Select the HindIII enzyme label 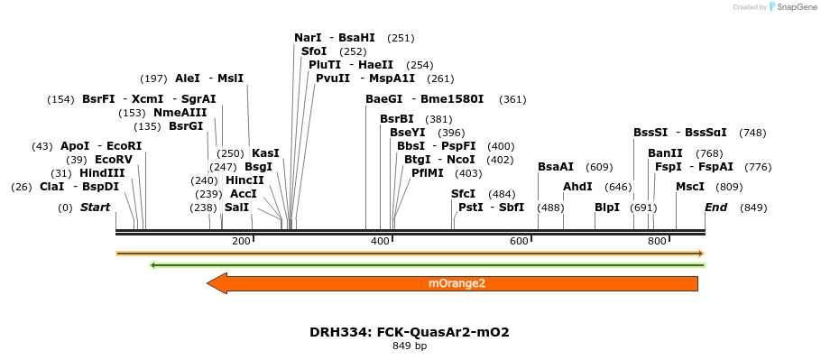pyautogui.click(x=102, y=173)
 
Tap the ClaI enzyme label pyautogui.click(x=52, y=187)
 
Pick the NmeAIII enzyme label pyautogui.click(x=180, y=113)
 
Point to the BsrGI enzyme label pyautogui.click(x=187, y=126)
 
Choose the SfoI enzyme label pyautogui.click(x=314, y=51)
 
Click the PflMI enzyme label pyautogui.click(x=428, y=172)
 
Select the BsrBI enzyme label pyautogui.click(x=397, y=119)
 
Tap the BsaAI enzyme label pyautogui.click(x=556, y=167)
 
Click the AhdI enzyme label pyautogui.click(x=577, y=187)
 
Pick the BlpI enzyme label pyautogui.click(x=607, y=208)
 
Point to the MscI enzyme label pyautogui.click(x=690, y=187)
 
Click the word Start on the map pyautogui.click(x=95, y=208)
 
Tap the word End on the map pyautogui.click(x=715, y=208)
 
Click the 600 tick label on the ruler pyautogui.click(x=519, y=241)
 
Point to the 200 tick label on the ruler pyautogui.click(x=241, y=241)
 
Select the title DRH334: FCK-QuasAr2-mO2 pyautogui.click(x=410, y=332)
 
